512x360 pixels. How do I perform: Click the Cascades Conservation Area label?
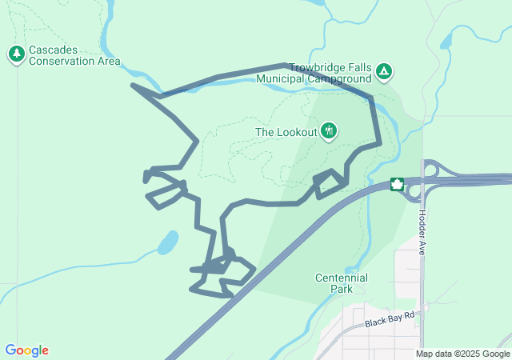point(74,55)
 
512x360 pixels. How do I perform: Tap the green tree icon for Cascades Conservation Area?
point(17,54)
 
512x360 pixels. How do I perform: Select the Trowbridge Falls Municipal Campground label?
point(330,74)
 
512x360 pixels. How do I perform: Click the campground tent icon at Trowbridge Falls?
point(385,73)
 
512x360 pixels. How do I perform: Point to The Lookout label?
point(286,132)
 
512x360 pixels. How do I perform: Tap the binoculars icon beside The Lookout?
point(328,131)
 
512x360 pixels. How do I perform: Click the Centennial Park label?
point(342,283)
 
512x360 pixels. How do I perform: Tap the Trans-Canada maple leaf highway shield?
point(397,185)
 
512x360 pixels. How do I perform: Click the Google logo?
point(27,350)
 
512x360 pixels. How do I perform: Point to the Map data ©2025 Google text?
point(462,354)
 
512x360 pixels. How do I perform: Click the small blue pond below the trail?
point(168,242)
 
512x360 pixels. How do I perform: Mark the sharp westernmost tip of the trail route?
point(132,85)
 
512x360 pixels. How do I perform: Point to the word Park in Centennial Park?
point(342,289)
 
